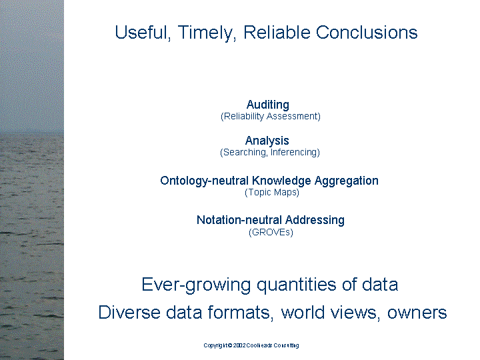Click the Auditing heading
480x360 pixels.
(268, 105)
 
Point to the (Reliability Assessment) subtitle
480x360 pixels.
(271, 117)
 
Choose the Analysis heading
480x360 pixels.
(267, 141)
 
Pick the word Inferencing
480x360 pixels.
(295, 153)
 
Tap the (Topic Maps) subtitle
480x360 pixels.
(272, 193)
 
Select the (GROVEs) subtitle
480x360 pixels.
(271, 233)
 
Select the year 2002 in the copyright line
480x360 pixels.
(241, 345)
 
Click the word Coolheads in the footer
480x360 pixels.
(263, 345)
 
